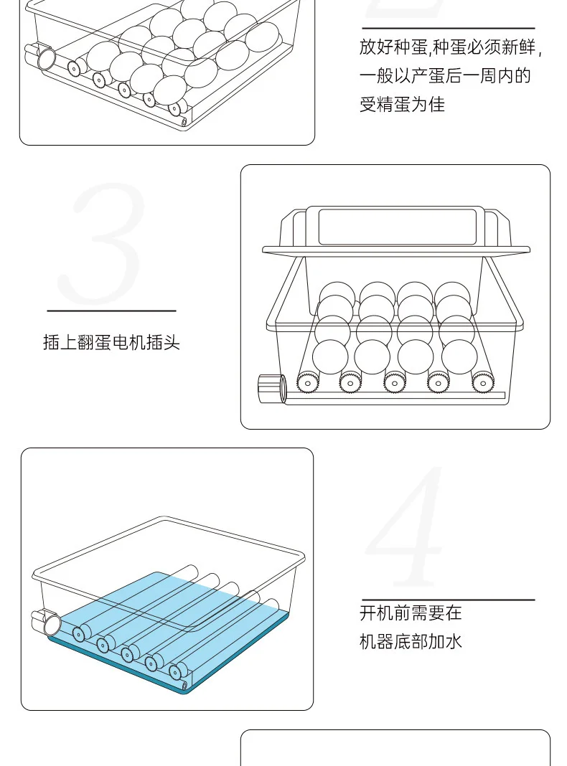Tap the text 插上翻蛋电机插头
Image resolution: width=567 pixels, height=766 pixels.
[111, 342]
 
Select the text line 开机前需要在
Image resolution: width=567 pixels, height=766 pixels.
[411, 613]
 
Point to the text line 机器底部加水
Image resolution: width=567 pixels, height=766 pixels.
[411, 641]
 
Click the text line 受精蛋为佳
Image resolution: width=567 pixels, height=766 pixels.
[402, 104]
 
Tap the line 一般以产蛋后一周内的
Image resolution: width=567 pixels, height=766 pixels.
[445, 76]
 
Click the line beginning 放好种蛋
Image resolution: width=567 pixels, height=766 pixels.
[451, 47]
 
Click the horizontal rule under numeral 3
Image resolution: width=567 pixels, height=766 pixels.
[111, 311]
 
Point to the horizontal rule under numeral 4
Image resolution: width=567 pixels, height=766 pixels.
[449, 600]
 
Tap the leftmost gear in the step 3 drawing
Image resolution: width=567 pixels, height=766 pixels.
[307, 382]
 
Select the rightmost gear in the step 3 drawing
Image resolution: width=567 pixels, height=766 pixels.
[483, 382]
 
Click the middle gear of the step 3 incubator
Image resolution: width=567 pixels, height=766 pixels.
[395, 382]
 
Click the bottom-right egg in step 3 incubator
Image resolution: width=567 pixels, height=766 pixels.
[459, 356]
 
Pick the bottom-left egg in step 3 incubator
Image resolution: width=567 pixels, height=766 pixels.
[330, 356]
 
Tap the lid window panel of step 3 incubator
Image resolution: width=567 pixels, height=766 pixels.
[397, 227]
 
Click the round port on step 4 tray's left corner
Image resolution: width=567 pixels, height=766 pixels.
[47, 624]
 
